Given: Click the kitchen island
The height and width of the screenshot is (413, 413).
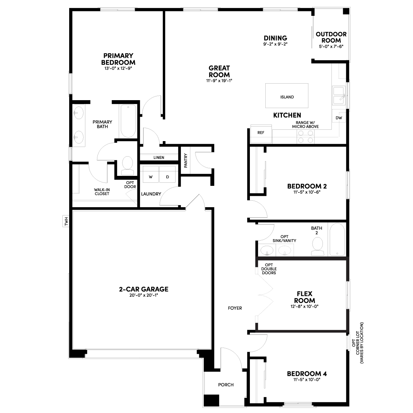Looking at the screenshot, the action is pos(287,96).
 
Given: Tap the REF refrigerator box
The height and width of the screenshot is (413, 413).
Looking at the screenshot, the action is pos(261,134).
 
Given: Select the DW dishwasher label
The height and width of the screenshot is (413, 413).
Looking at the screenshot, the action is pos(339,118).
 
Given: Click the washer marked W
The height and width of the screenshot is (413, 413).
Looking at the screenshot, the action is pos(151,174).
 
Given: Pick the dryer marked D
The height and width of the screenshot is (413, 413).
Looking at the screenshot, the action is pos(167,174).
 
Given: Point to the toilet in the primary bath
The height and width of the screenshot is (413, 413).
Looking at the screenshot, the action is pos(127,166).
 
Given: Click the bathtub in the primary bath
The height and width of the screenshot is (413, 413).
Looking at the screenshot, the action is pos(128,121).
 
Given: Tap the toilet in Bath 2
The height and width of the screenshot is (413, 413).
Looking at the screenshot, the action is pos(318,246).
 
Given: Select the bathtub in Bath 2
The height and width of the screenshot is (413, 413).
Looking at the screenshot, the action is pos(337,240).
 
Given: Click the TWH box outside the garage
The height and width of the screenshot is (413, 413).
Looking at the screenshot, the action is pos(66,221).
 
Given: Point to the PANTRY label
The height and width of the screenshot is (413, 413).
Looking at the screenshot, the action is pos(186,160).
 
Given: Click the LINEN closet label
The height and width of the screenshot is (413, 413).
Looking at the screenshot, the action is pos(159,158).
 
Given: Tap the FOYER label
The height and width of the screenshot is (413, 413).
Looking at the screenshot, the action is pos(235,308).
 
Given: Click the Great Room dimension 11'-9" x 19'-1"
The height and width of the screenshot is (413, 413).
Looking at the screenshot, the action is pos(219,81).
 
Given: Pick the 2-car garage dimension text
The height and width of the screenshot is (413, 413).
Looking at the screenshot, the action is pos(144,295).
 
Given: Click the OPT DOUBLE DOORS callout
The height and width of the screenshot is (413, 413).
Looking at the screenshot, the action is pos(269,269).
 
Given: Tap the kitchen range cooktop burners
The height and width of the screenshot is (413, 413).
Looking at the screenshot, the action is pos(305,137).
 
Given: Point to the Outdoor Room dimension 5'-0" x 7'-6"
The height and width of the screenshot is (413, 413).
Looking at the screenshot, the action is pos(331,46).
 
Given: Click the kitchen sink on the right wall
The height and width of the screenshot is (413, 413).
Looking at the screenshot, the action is pos(339,96).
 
